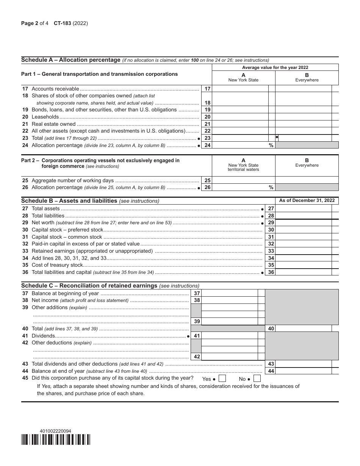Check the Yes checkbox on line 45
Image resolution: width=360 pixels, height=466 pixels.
point(222,378)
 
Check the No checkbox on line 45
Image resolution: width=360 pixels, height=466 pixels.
point(257,378)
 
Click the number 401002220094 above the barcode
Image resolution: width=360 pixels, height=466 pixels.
point(55,431)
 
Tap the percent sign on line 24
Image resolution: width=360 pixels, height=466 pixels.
point(271,145)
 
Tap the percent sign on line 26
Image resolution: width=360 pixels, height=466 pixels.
point(271,187)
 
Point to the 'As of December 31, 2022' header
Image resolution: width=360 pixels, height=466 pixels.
point(307,200)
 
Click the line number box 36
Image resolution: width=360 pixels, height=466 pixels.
point(271,272)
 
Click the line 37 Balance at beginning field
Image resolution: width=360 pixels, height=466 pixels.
point(229,293)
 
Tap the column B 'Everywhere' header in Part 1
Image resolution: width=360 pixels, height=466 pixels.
point(307,78)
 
